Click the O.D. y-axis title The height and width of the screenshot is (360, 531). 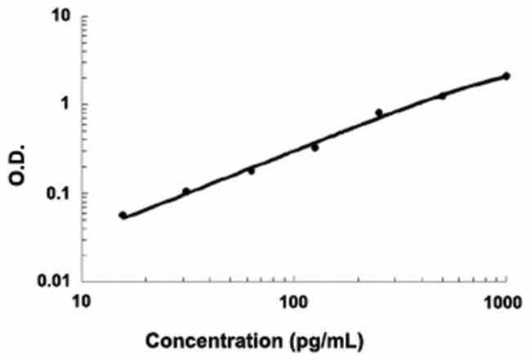pyautogui.click(x=18, y=150)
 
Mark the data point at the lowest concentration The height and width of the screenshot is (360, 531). pyautogui.click(x=123, y=216)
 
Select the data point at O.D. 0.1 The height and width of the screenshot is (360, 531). pyautogui.click(x=186, y=192)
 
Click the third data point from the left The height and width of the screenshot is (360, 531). pyautogui.click(x=251, y=171)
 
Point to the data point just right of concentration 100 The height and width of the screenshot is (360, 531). pyautogui.click(x=315, y=148)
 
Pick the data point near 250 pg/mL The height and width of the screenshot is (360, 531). pyautogui.click(x=378, y=113)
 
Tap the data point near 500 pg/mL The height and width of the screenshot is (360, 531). pyautogui.click(x=442, y=96)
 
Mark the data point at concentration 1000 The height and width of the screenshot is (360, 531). pyautogui.click(x=506, y=76)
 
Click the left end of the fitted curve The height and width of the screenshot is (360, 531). pyautogui.click(x=121, y=216)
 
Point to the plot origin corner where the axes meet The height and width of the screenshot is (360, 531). pyautogui.click(x=82, y=282)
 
